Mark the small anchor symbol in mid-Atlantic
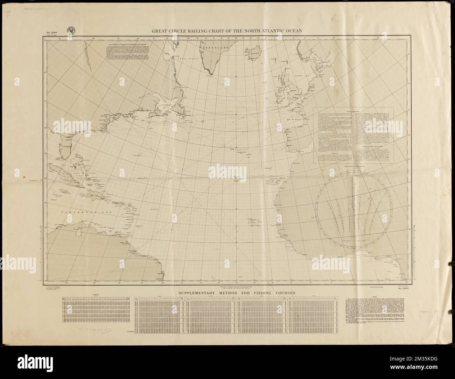tap(236, 179)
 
